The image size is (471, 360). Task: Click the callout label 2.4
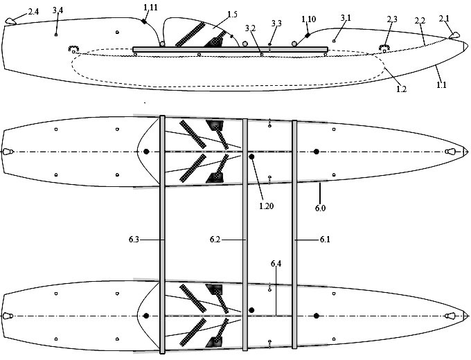tap(33, 12)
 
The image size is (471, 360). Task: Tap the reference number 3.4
tap(57, 10)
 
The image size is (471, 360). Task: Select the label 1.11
tap(150, 8)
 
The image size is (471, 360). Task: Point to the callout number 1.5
tap(232, 14)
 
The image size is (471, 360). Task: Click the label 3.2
tap(250, 28)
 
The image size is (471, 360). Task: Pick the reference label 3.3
tap(276, 23)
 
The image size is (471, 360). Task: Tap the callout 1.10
tap(308, 19)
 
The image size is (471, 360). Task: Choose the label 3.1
tap(346, 18)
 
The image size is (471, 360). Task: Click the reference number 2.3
tap(392, 19)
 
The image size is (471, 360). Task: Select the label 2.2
tap(420, 21)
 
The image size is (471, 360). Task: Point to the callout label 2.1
tap(444, 19)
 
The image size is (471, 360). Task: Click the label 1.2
tap(401, 89)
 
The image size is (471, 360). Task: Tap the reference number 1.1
tap(441, 85)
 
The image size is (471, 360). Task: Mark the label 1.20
tap(267, 206)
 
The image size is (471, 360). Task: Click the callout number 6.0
tap(320, 208)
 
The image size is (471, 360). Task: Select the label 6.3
tap(134, 240)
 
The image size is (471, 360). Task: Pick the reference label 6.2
tap(215, 240)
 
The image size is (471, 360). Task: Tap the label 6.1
tap(325, 240)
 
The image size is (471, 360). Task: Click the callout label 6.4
tap(276, 264)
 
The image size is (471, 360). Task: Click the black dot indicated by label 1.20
tap(251, 156)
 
